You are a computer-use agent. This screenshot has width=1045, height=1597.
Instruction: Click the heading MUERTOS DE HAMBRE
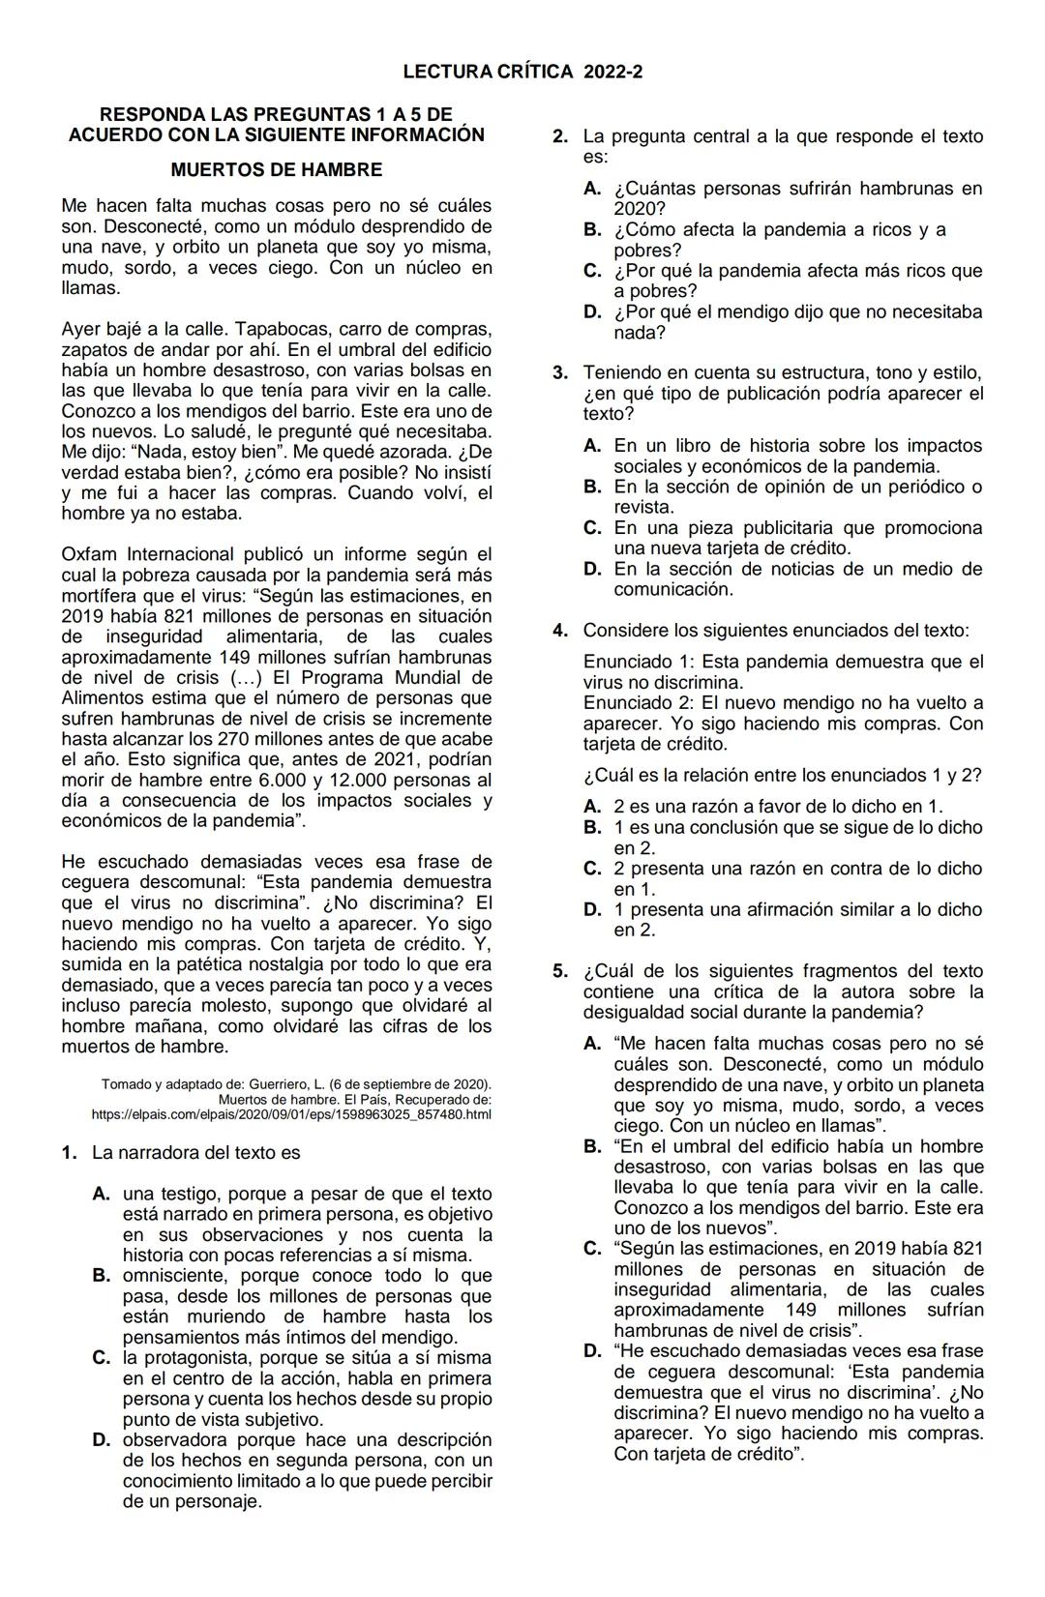(x=276, y=170)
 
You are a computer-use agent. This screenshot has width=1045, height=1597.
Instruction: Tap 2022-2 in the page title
(x=613, y=72)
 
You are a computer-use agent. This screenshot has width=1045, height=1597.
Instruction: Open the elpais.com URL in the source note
(x=291, y=1115)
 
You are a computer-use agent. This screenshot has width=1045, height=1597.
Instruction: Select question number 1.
(x=68, y=1153)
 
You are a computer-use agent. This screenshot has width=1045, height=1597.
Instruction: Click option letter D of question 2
(x=592, y=312)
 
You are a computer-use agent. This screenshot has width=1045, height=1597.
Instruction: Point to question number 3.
(x=559, y=373)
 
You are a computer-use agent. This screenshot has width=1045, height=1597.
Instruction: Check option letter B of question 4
(x=592, y=828)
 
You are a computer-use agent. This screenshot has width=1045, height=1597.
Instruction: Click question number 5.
(x=559, y=971)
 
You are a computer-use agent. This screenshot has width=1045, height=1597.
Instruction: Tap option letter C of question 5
(x=592, y=1249)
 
